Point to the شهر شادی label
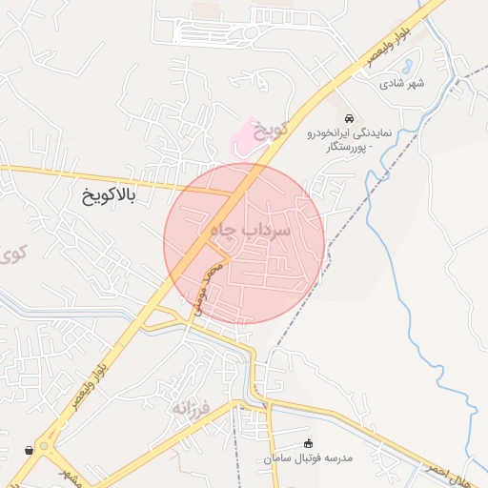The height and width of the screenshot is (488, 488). pyautogui.click(x=402, y=83)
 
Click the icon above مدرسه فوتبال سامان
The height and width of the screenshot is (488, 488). pyautogui.click(x=307, y=443)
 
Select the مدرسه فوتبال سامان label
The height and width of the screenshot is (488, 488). pyautogui.click(x=309, y=458)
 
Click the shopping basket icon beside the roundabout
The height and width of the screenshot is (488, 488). pyautogui.click(x=30, y=448)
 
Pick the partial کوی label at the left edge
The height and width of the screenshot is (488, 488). pyautogui.click(x=11, y=254)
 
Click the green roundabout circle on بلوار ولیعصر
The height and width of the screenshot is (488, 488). pyautogui.click(x=48, y=446)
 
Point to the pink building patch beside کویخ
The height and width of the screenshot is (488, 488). pyautogui.click(x=246, y=135)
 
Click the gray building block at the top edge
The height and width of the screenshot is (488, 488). pyautogui.click(x=204, y=9)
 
